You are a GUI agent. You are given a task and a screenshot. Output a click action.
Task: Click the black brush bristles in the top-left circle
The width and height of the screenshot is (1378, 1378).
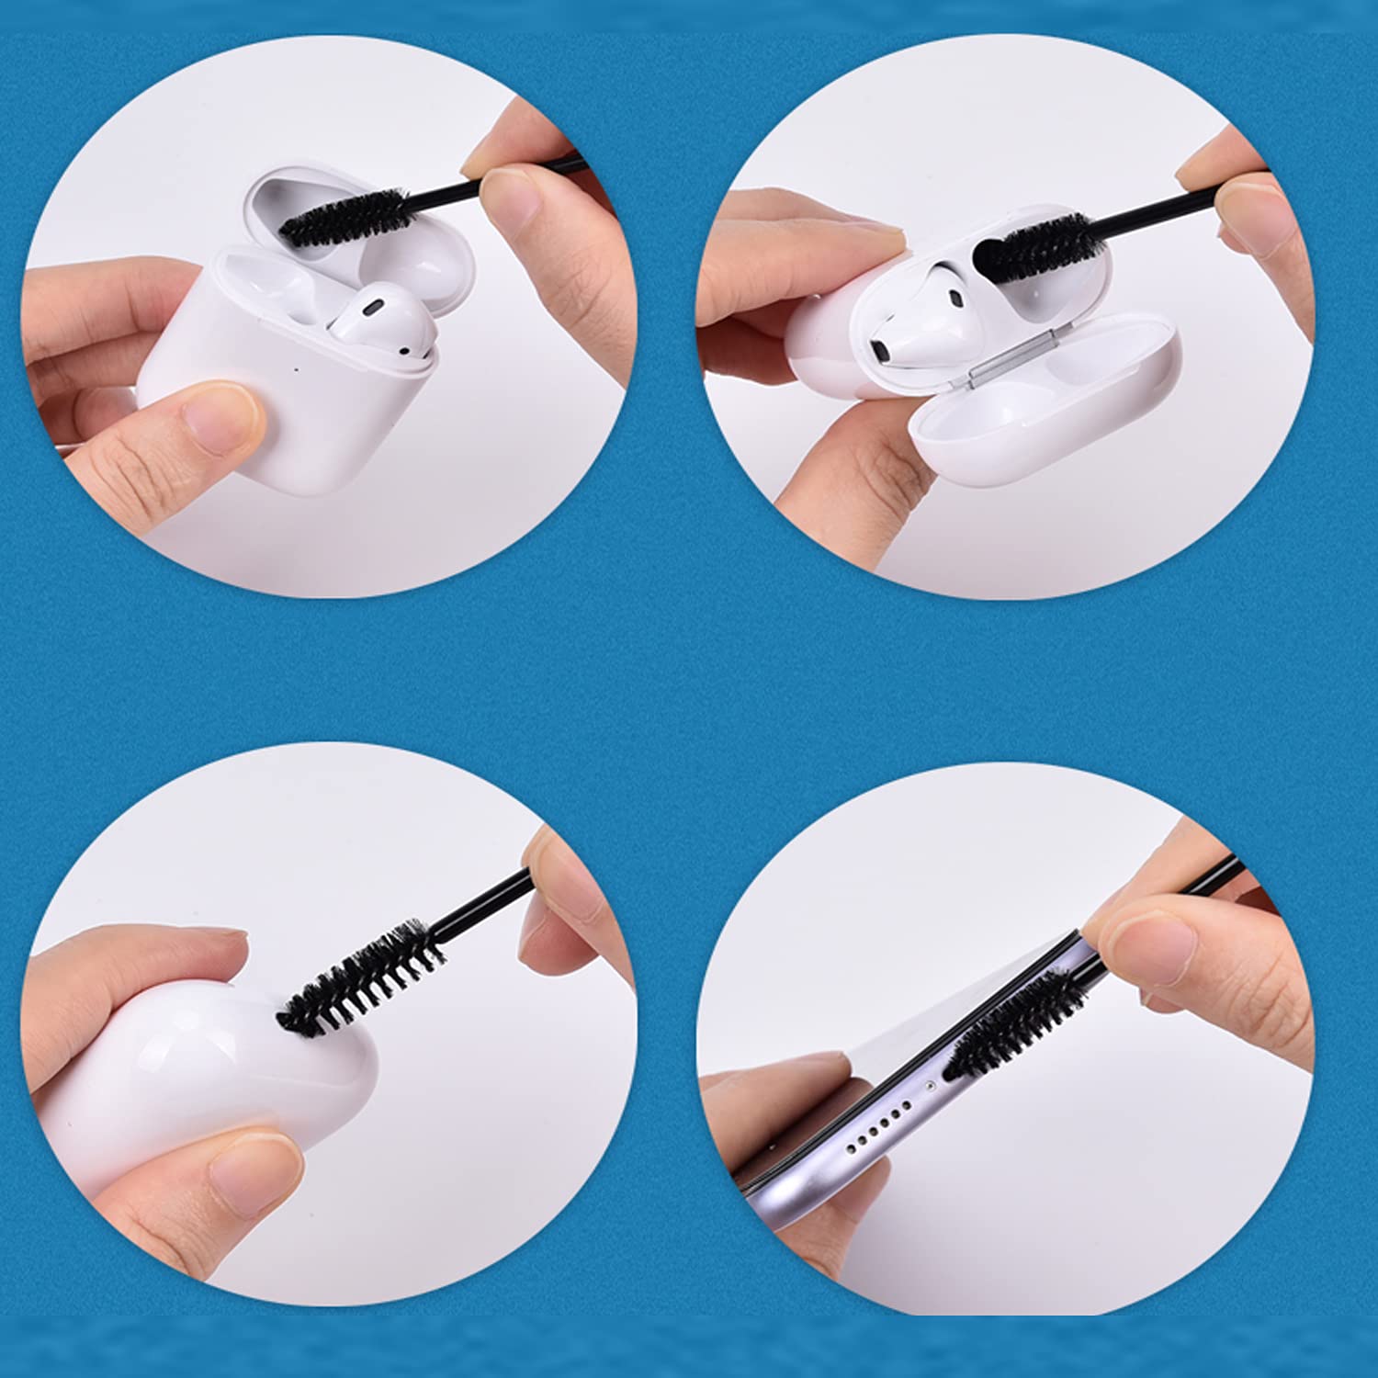click(x=344, y=218)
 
